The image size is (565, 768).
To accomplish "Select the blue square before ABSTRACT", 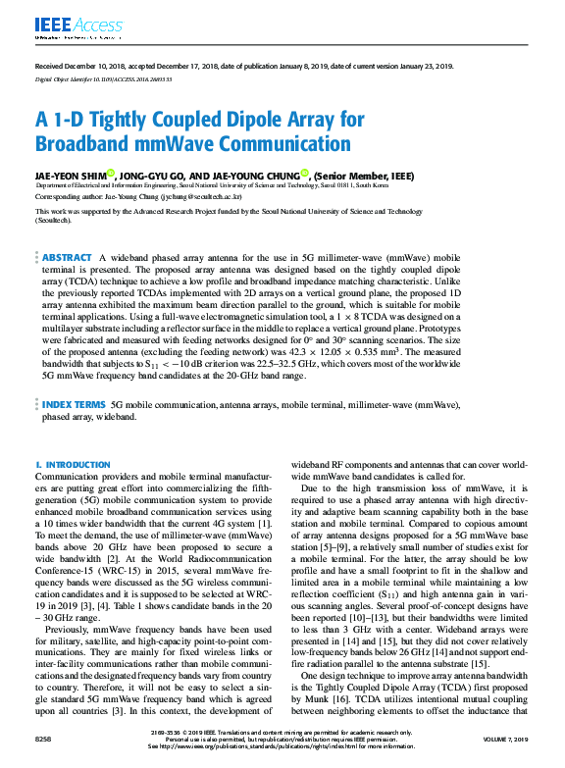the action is click(x=36, y=256).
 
